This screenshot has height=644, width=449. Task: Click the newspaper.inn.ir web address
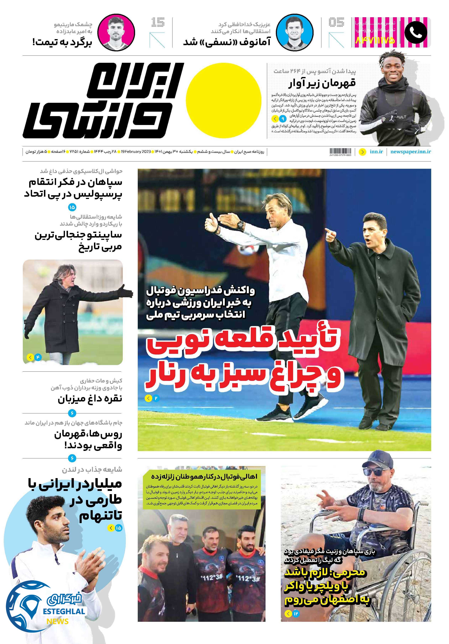coord(410,152)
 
